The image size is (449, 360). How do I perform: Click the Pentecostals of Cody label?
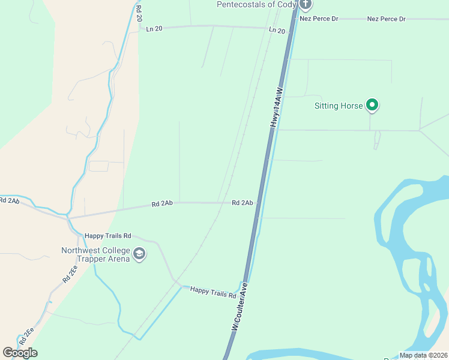coord(256,5)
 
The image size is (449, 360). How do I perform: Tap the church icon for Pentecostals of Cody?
coord(306,5)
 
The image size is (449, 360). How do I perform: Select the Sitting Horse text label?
coord(339,106)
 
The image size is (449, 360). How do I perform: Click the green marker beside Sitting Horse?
coord(372,106)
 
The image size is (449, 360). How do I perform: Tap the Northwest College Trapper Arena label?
coord(96,254)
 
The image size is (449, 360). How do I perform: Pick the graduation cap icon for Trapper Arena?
coord(140,254)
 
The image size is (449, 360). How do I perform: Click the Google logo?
coord(20,353)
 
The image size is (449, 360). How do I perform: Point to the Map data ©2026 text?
coord(423,355)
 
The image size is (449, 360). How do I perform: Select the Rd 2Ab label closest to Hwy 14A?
coord(242,203)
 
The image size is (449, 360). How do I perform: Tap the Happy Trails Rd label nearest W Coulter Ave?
coord(213,292)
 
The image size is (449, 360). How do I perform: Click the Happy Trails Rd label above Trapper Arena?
coord(107,236)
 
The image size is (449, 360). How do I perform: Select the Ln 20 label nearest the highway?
coord(277,30)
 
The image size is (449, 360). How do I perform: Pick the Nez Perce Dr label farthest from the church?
coord(387,19)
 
